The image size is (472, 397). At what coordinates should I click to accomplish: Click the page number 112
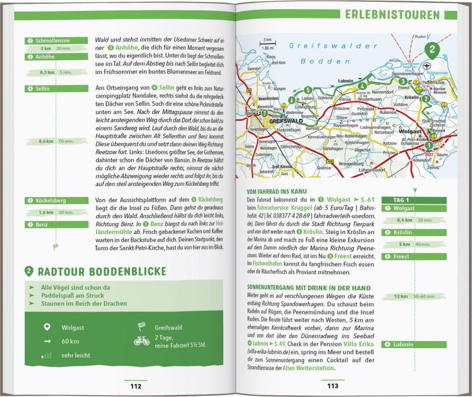tap(135, 385)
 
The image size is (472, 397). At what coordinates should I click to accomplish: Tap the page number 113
tap(332, 385)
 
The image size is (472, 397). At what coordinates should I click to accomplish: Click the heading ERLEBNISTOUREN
tap(400, 14)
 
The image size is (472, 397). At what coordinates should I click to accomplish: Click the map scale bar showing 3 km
tap(250, 43)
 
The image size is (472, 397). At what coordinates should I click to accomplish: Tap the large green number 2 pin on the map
tap(433, 51)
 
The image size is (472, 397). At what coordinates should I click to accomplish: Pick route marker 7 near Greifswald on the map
tap(265, 113)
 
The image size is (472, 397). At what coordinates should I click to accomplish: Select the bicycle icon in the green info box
tap(142, 340)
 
